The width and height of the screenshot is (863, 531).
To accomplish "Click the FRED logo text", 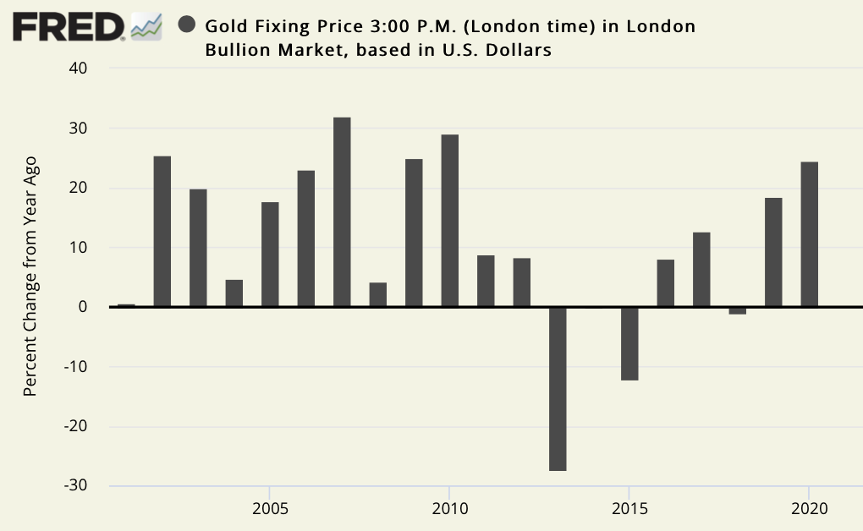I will click(69, 27).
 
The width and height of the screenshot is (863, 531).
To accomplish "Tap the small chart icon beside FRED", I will click(146, 27).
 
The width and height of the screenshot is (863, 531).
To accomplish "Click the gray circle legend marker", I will click(188, 25).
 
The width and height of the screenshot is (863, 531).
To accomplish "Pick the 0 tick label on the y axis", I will click(83, 307).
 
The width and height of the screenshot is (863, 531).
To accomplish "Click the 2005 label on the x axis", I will click(270, 510).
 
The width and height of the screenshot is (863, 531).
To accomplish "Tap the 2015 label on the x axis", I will click(629, 510).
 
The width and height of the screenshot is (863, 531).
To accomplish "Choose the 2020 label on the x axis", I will click(809, 510).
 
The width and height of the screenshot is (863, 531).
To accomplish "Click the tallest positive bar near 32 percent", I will click(342, 212).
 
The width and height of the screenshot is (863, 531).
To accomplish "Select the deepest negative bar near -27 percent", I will click(558, 389).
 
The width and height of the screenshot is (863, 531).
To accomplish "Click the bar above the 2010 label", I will click(449, 221).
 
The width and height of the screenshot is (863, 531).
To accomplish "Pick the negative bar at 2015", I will click(629, 343).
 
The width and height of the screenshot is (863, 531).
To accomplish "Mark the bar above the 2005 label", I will click(270, 255).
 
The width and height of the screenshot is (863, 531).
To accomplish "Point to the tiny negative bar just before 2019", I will click(737, 310).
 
